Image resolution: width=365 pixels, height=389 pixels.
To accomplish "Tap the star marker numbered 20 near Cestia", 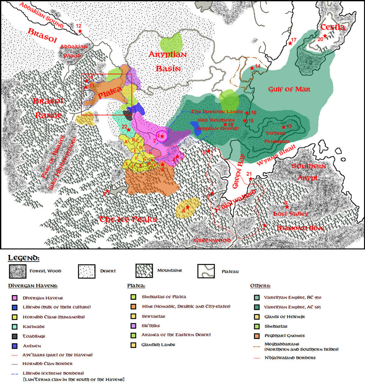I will coord(325,36).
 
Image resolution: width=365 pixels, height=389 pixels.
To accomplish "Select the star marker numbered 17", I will coord(291,43).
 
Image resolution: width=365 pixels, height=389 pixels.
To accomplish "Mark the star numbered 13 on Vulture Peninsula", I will coord(284,127).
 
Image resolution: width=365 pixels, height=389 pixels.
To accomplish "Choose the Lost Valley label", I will coord(291,214).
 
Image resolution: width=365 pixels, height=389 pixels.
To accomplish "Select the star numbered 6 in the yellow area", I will coord(188,207).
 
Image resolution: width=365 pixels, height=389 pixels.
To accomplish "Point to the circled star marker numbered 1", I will coord(162,136).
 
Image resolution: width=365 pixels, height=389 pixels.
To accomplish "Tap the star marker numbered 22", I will coord(129,130).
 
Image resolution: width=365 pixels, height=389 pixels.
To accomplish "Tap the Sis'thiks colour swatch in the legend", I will coord(133,326).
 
